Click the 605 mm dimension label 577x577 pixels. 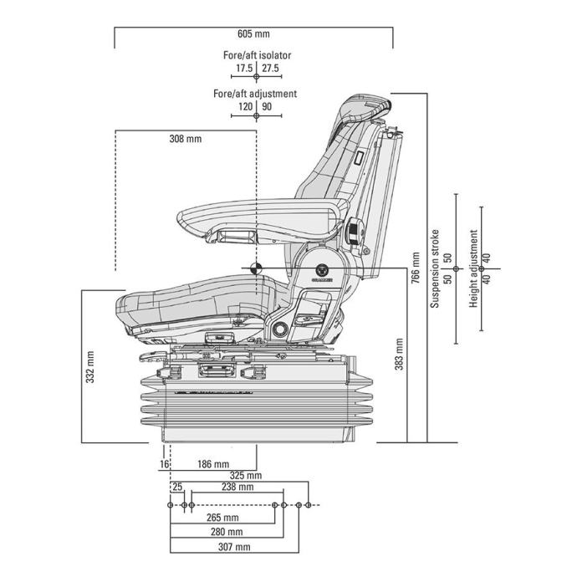tap(253, 33)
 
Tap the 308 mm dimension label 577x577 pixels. tap(185, 138)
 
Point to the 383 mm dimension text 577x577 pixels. tap(399, 354)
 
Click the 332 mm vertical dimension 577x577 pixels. tap(90, 365)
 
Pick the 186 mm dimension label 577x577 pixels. tap(212, 463)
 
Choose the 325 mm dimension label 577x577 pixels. tap(245, 476)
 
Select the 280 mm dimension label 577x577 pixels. tap(227, 532)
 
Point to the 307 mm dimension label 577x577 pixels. tap(233, 547)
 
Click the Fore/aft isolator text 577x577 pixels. tap(257, 55)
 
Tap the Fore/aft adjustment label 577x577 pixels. tap(255, 94)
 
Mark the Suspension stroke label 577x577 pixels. tap(434, 269)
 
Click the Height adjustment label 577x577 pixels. tap(473, 269)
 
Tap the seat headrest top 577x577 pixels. tap(368, 101)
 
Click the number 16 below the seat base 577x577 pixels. tap(164, 463)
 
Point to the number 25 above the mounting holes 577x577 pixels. tap(176, 487)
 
